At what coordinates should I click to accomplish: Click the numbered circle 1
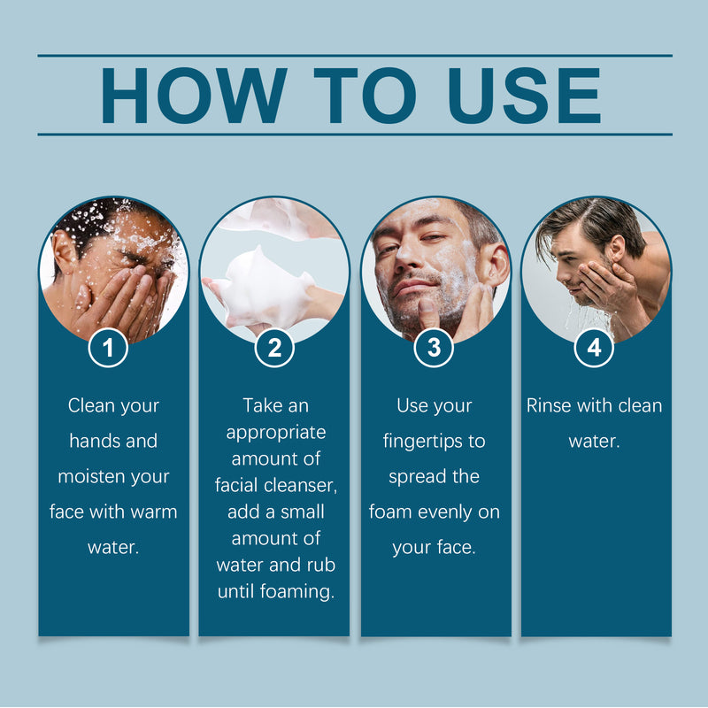(109, 349)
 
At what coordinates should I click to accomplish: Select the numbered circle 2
(274, 349)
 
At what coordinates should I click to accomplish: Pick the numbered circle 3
(434, 349)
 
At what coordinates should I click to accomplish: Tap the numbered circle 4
(594, 349)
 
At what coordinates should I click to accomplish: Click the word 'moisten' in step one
(92, 476)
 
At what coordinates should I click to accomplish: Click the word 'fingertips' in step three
(435, 441)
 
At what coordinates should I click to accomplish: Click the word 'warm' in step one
(154, 512)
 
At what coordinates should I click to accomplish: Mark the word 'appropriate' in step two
(276, 432)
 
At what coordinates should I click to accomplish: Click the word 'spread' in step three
(420, 476)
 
